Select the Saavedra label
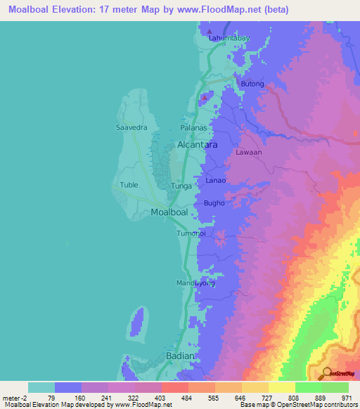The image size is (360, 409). coord(130,128)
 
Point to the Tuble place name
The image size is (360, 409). coord(129,185)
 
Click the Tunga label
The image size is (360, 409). coord(182,186)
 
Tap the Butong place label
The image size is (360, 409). coord(252,84)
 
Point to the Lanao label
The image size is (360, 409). coord(215,181)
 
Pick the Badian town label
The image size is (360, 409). coord(178,356)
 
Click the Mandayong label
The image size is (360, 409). coord(195,283)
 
